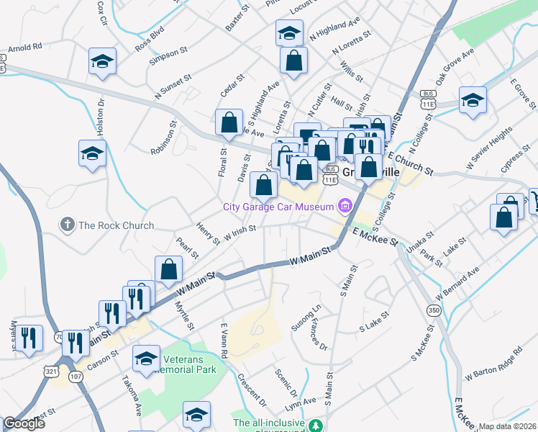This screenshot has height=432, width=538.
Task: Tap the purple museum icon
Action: click(345, 207)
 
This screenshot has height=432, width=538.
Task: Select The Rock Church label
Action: click(116, 225)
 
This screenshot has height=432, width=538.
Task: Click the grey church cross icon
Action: click(68, 225)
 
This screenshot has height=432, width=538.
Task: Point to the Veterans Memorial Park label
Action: click(188, 364)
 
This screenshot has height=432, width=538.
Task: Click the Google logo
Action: click(24, 423)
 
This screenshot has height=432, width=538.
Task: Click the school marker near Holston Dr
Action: click(92, 154)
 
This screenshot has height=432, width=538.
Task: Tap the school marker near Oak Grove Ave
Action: click(473, 101)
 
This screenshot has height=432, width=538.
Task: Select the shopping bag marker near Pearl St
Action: click(168, 270)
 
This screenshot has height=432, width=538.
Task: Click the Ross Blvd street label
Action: click(150, 40)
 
